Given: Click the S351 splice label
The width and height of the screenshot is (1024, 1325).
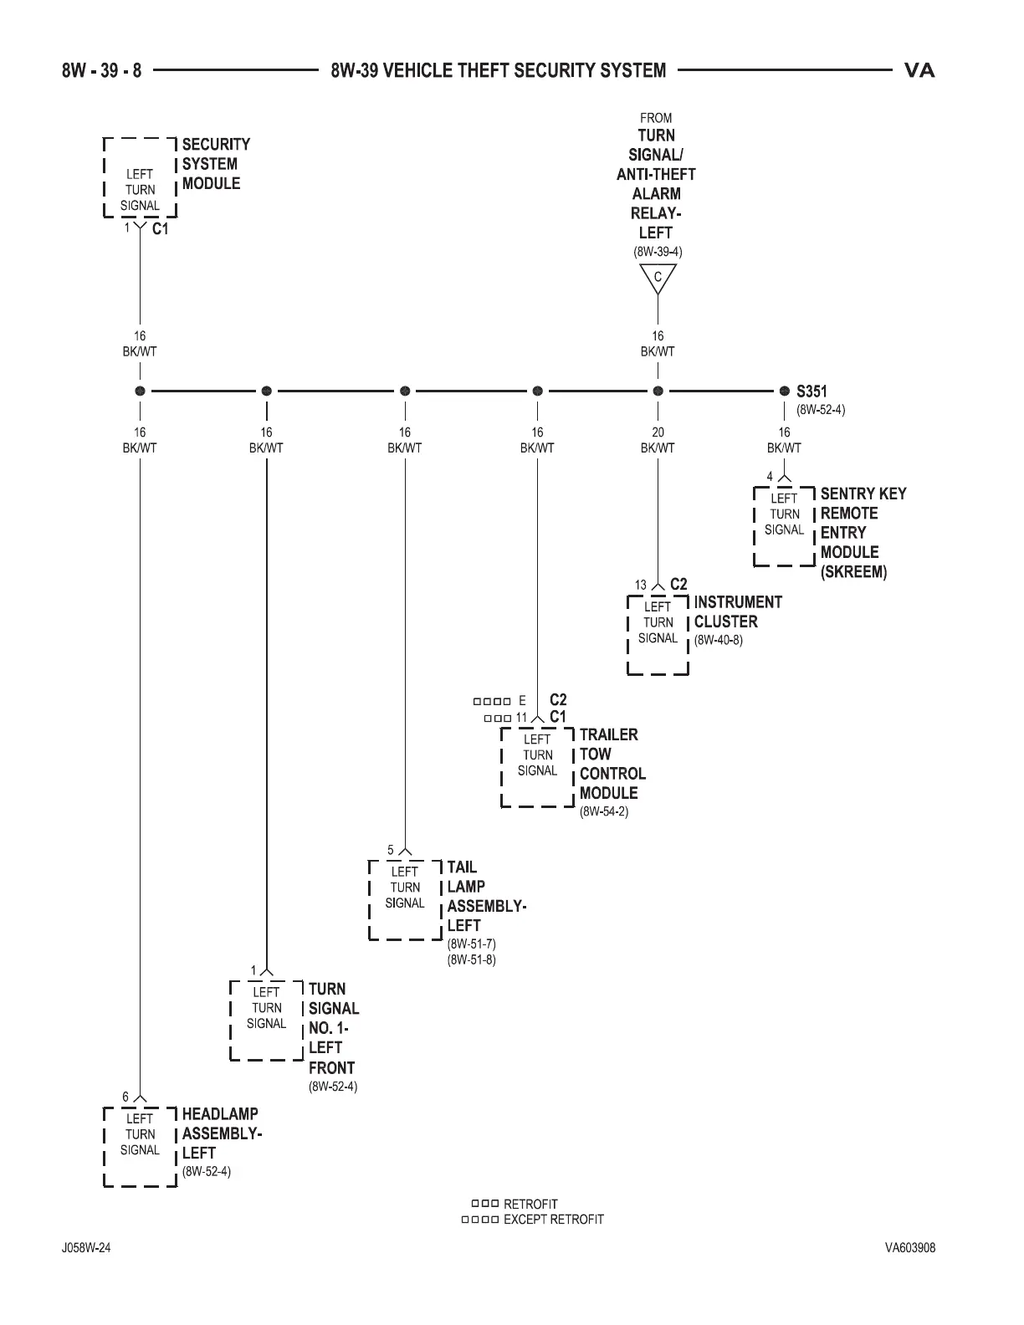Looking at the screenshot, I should (812, 391).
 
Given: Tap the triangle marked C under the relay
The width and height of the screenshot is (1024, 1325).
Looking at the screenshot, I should (658, 278).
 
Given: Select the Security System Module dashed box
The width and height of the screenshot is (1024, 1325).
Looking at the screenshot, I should (140, 177).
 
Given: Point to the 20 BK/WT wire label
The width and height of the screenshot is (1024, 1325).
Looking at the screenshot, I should (658, 440).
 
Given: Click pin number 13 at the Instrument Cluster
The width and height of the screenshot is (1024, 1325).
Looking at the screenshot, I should (641, 585).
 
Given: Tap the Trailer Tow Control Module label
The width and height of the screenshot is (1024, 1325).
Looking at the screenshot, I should (612, 764).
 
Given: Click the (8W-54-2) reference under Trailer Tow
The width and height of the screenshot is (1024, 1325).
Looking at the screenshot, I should (604, 811).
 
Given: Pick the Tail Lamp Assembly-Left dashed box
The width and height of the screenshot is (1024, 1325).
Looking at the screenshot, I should (405, 898).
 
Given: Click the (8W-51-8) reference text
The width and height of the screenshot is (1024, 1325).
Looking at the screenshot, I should (472, 959).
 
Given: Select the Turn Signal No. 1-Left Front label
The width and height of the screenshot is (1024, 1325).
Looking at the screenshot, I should (333, 1028).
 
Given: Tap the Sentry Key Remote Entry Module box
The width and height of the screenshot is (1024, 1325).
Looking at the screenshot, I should (784, 524).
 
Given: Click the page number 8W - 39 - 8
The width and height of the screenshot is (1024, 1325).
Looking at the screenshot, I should (101, 70).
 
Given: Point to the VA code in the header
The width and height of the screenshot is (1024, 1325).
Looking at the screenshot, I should (919, 70).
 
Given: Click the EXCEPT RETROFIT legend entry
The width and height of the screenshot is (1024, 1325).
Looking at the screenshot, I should (553, 1220).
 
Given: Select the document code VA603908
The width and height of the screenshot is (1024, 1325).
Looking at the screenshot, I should (910, 1248).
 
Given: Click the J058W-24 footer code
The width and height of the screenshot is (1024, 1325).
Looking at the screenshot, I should (86, 1248).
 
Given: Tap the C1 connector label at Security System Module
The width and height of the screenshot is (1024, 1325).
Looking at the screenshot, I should (161, 228).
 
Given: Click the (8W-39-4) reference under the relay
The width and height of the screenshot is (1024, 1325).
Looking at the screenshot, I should (657, 251).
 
